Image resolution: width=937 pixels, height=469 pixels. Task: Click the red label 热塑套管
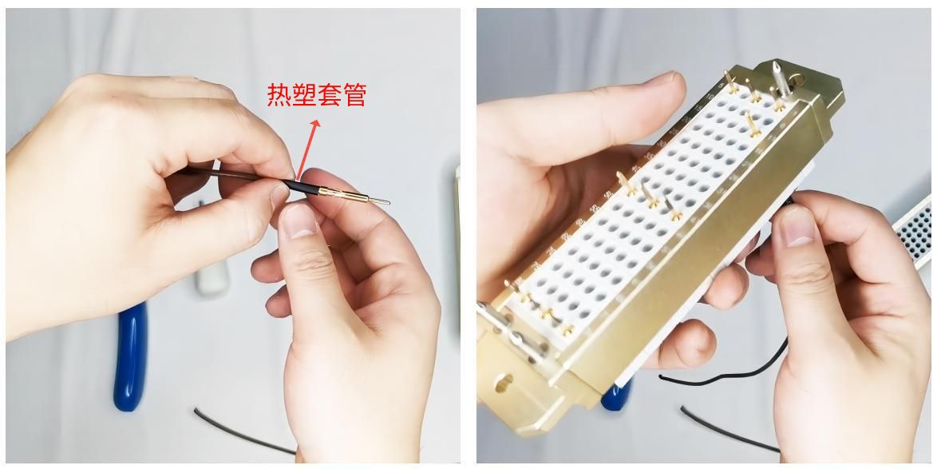316,95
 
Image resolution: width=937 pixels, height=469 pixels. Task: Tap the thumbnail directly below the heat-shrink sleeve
297,219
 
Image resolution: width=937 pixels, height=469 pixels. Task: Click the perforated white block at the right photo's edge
915,232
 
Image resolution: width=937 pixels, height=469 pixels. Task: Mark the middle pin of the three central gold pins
650,197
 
